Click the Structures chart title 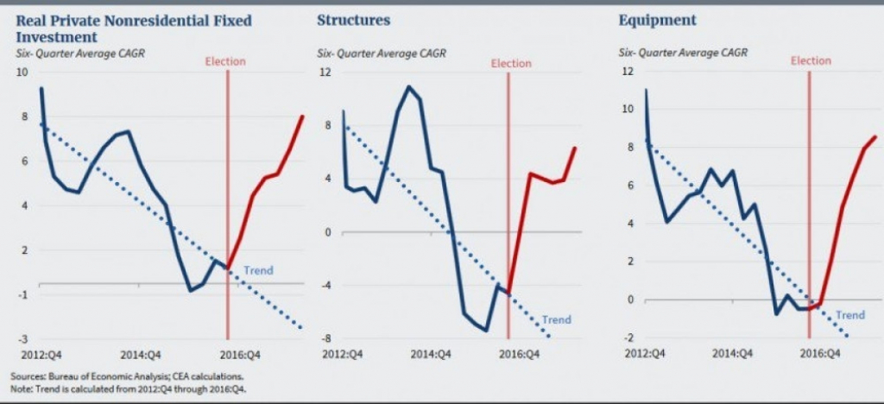[353, 20]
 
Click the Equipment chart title [648, 20]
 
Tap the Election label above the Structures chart [511, 63]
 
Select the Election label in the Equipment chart [811, 60]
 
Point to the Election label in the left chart [225, 60]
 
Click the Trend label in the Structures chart [556, 320]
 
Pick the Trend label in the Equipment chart [850, 315]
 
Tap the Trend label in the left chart [258, 270]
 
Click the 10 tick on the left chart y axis [23, 72]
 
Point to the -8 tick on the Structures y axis [326, 338]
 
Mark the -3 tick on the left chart [22, 338]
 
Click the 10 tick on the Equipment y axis [628, 110]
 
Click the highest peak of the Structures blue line [408, 86]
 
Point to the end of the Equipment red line [875, 136]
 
